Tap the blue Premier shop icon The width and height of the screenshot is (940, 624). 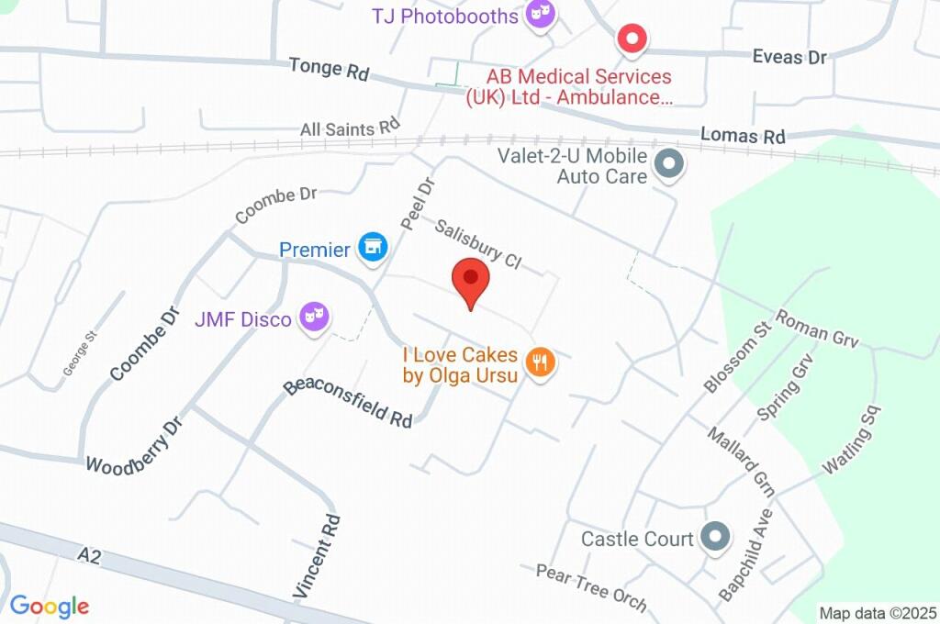(373, 246)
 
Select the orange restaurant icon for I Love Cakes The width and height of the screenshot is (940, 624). (542, 363)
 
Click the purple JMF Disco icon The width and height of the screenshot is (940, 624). (316, 318)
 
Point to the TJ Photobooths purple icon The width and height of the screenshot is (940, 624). (541, 15)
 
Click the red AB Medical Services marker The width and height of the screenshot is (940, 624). (632, 39)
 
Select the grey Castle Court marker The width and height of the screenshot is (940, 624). (714, 537)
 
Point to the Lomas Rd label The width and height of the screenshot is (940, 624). (743, 135)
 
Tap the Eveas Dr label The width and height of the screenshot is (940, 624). (789, 57)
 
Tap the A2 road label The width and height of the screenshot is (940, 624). (88, 555)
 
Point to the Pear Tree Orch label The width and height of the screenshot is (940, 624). (591, 587)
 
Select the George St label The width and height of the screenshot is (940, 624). (80, 353)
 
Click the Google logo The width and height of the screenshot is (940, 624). (50, 606)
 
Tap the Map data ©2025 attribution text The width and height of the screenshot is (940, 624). (878, 613)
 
